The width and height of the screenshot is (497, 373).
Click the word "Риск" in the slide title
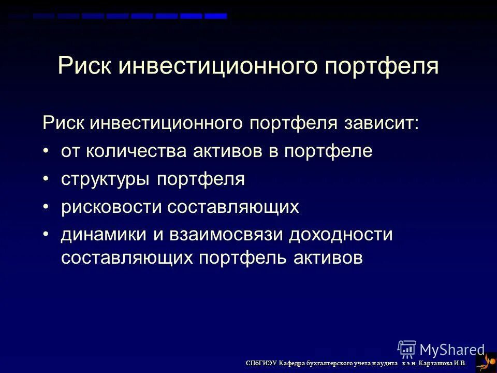tap(85, 67)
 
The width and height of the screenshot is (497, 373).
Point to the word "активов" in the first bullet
tap(225, 151)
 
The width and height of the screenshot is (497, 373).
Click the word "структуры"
tap(106, 180)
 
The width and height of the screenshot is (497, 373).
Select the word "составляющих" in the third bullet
tap(233, 207)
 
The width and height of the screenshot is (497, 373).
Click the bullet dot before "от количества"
tap(46, 151)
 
